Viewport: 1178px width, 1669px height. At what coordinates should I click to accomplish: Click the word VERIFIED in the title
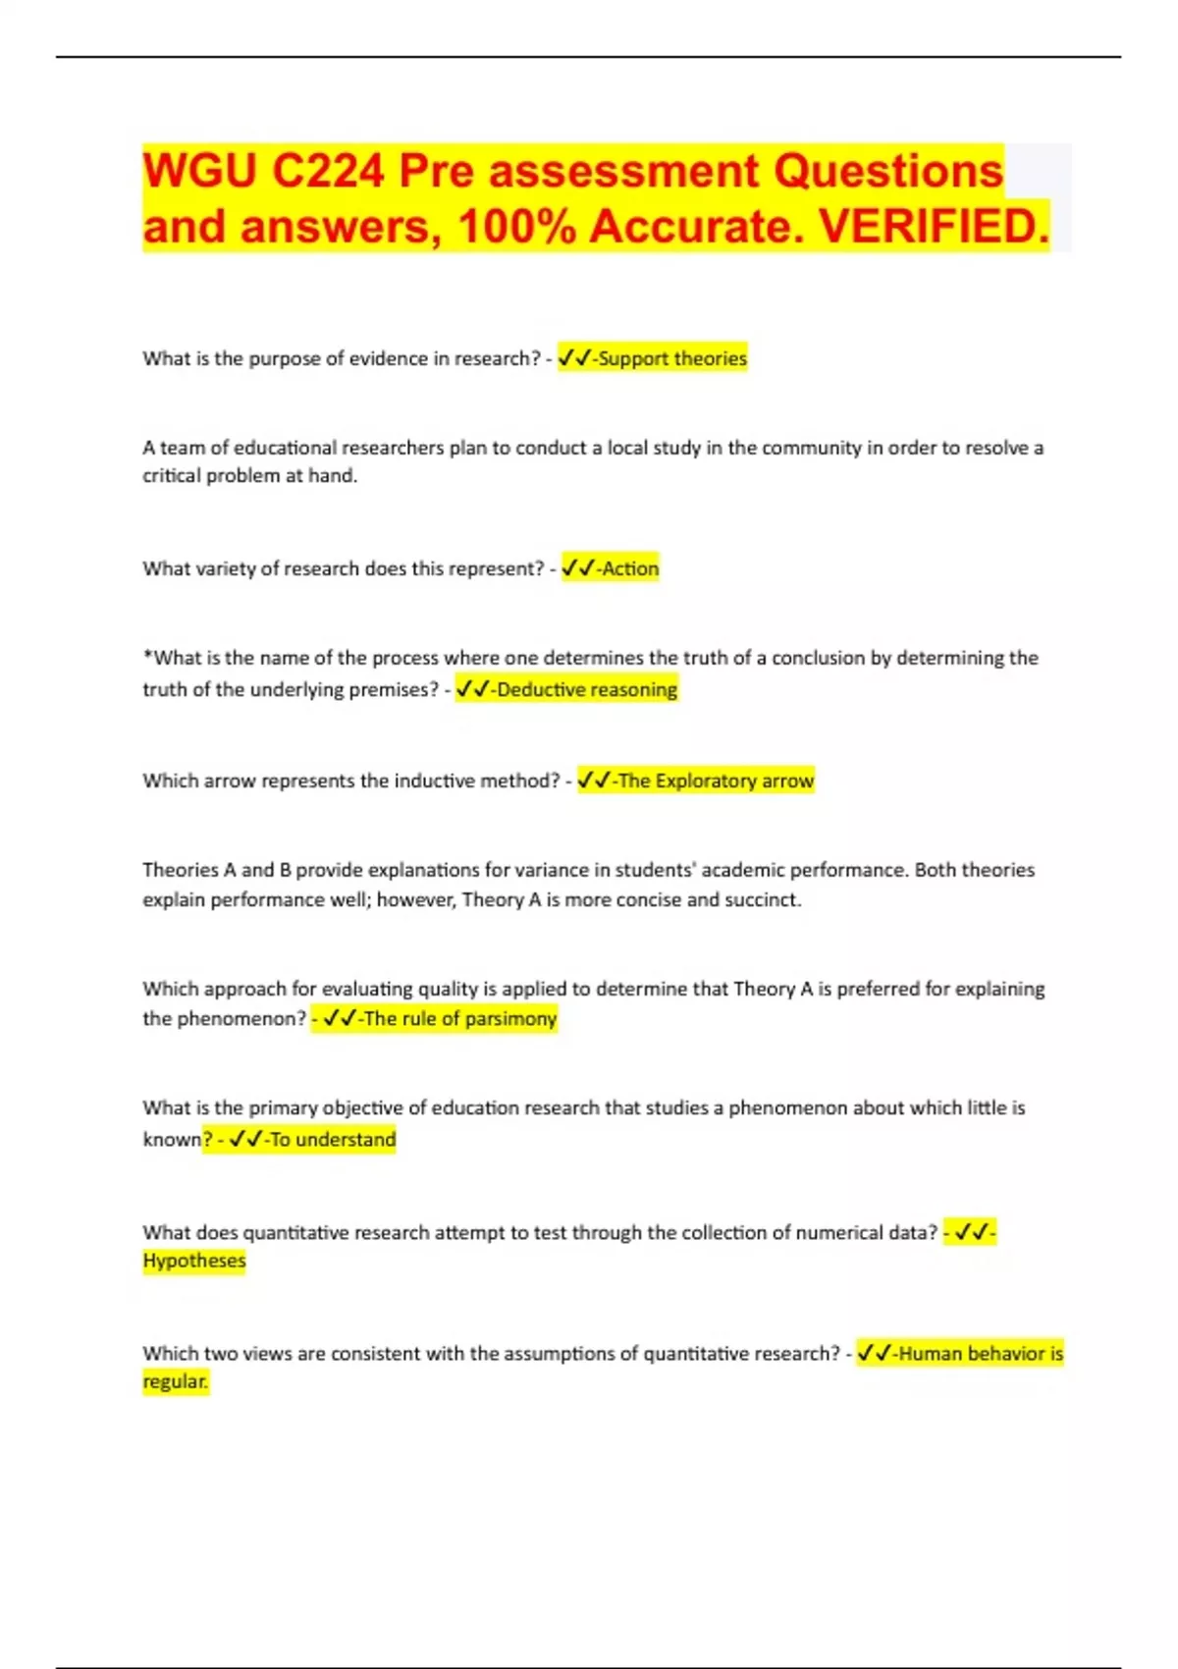pos(933,227)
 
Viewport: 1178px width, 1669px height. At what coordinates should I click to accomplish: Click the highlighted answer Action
pos(630,568)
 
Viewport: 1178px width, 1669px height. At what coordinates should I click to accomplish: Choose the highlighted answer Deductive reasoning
pos(586,689)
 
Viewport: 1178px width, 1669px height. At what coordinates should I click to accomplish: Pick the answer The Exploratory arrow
pos(716,781)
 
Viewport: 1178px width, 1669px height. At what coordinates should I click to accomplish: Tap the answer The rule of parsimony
pos(459,1018)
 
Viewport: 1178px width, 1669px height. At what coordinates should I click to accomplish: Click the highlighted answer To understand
pos(332,1139)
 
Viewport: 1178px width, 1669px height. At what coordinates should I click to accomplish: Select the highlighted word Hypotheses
pos(194,1261)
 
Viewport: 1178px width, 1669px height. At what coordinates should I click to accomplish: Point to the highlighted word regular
pos(175,1381)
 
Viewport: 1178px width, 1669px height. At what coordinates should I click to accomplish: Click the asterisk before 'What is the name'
pos(147,655)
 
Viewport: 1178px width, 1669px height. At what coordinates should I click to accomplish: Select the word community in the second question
pos(811,448)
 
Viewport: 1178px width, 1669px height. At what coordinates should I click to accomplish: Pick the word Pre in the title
pos(430,172)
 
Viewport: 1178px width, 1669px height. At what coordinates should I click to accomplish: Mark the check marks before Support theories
pos(574,358)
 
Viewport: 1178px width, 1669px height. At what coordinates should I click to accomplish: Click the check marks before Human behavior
pos(874,1353)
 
